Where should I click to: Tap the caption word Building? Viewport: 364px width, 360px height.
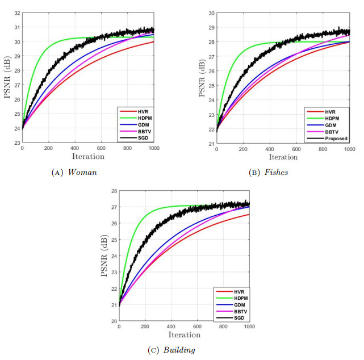179,350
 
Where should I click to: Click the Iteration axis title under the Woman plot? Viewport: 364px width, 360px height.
88,156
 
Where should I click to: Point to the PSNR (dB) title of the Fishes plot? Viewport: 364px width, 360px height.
202,77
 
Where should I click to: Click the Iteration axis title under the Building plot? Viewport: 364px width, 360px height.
185,335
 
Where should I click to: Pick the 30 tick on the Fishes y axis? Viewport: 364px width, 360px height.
211,12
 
